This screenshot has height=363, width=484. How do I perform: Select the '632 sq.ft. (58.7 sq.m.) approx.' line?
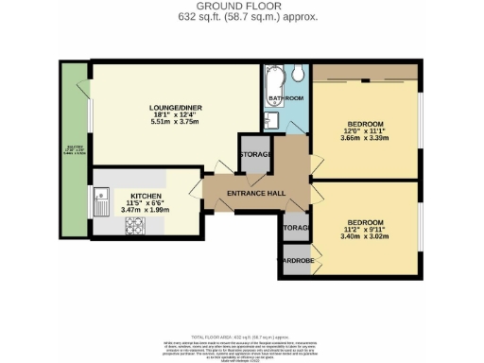pyautogui.click(x=241, y=17)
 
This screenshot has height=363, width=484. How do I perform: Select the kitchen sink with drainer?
pyautogui.click(x=101, y=199)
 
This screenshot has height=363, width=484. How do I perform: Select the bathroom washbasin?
pyautogui.click(x=270, y=119)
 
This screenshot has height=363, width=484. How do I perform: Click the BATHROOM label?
pyautogui.click(x=285, y=98)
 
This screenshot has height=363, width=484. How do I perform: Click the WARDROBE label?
pyautogui.click(x=294, y=261)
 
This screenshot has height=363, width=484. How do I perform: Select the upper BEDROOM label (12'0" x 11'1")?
pyautogui.click(x=365, y=125)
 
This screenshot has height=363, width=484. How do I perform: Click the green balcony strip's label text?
pyautogui.click(x=72, y=150)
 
